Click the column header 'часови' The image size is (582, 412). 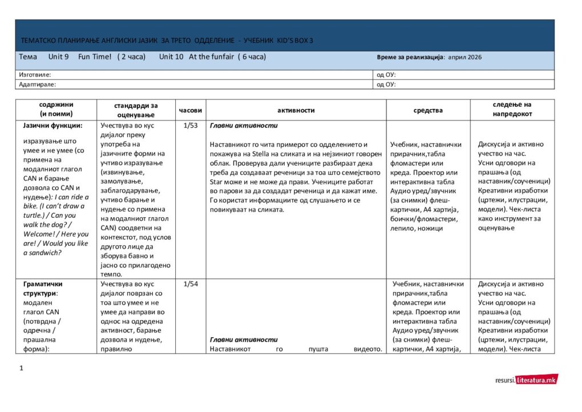pos(190,110)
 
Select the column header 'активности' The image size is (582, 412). pos(296,110)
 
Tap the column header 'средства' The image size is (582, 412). pos(428,110)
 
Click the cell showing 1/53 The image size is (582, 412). pos(190,126)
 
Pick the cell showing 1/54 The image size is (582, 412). pos(190,284)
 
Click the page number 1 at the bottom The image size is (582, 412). pos(21,368)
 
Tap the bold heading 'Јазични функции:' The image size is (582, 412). pos(53,126)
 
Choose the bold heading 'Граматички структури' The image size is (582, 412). pos(43,288)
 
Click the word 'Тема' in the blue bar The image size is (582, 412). pos(28,57)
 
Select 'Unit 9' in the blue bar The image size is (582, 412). pos(59,57)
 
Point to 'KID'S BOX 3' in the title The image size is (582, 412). pos(294,41)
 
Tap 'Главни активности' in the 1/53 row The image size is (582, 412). pos(243,126)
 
